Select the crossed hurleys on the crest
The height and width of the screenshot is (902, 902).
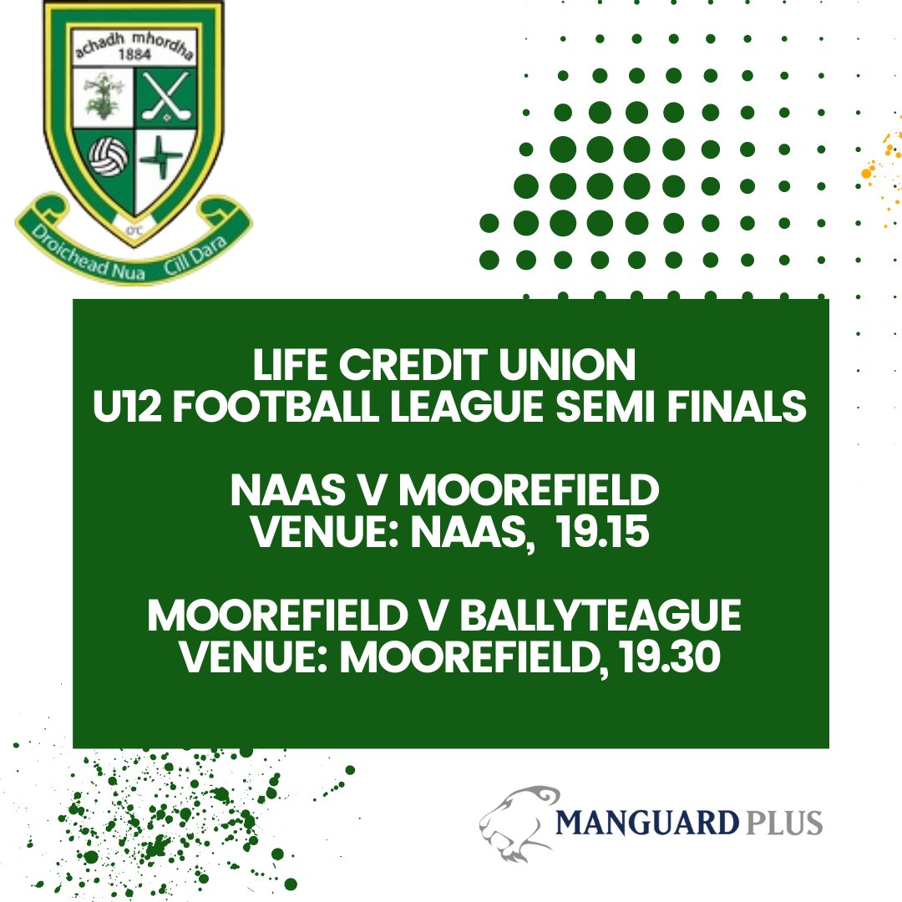coord(163,96)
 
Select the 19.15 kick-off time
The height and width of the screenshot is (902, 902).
coord(602,534)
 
